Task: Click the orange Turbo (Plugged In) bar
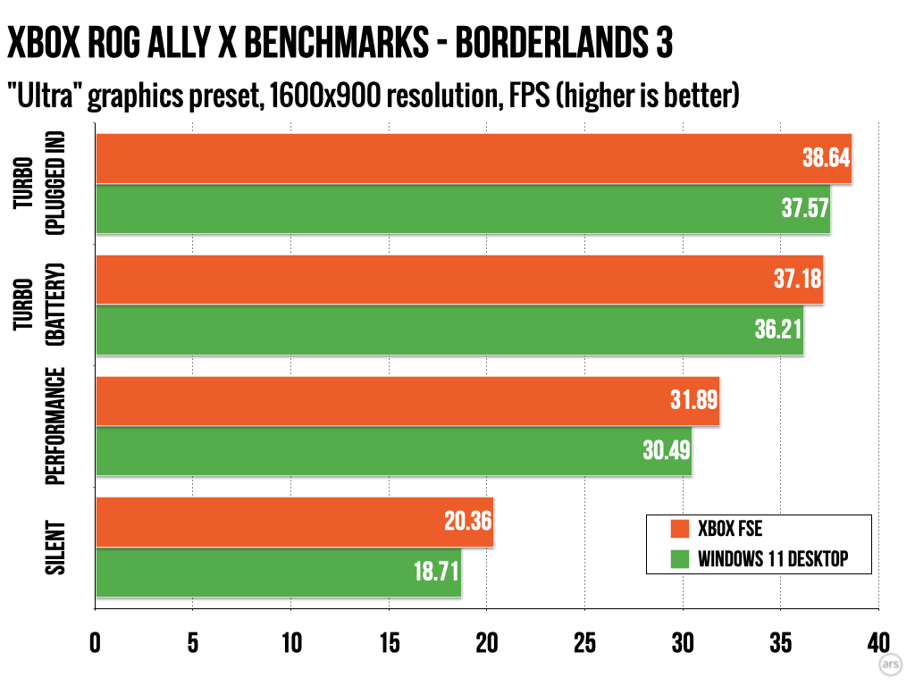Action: click(447, 159)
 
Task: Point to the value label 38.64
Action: click(825, 160)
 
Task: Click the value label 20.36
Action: click(467, 521)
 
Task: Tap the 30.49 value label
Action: click(666, 451)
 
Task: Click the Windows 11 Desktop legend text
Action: click(772, 560)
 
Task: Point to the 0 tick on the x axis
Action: click(95, 644)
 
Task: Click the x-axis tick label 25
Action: click(584, 644)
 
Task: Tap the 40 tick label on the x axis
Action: click(878, 644)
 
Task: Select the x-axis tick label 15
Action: click(389, 644)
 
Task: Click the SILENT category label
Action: click(56, 547)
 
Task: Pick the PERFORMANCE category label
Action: click(56, 425)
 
